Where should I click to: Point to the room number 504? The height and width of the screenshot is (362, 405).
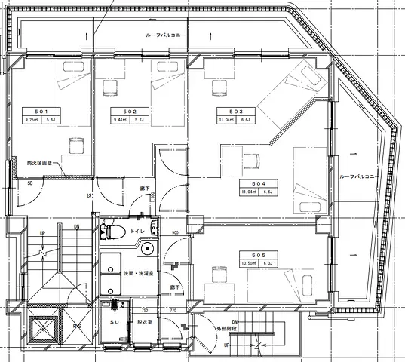pyautogui.click(x=248, y=183)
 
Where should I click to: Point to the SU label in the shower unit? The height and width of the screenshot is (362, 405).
pyautogui.click(x=115, y=321)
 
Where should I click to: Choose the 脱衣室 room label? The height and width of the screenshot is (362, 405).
pyautogui.click(x=145, y=322)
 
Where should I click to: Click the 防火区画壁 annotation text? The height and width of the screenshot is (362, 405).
pyautogui.click(x=40, y=162)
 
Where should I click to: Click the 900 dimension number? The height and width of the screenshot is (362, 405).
pyautogui.click(x=174, y=233)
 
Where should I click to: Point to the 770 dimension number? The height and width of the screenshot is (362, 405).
pyautogui.click(x=172, y=310)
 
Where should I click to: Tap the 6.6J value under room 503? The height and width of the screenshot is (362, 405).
pyautogui.click(x=245, y=119)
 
